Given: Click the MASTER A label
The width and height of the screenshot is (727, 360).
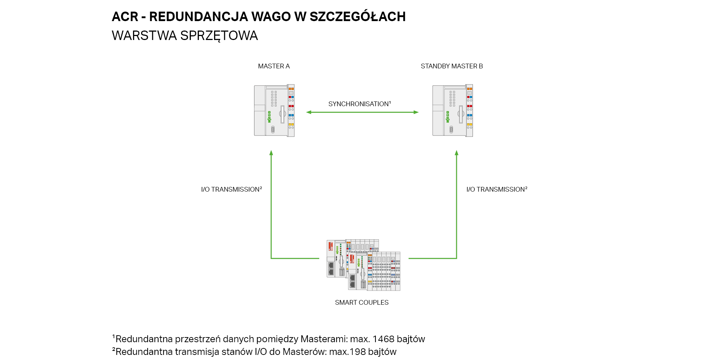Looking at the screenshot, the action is coord(274,66).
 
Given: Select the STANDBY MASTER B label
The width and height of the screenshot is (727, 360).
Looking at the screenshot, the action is coord(452,66).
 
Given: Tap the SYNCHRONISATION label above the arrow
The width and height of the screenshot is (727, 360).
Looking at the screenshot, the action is coord(360,104).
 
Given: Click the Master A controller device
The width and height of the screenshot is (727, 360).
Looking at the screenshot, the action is coord(274,111).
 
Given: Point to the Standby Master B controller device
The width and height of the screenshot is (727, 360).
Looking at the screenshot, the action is coord(453,111).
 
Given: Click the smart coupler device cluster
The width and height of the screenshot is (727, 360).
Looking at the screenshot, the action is coord(363,265).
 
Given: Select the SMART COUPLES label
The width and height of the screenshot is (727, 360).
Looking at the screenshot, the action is coord(362,303).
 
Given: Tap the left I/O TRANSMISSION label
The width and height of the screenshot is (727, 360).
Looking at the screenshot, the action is coord(232,189).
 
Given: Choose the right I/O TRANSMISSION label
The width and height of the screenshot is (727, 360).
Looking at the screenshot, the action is coord(497,189).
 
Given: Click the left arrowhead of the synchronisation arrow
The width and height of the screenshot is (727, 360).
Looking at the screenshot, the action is coord(309,112).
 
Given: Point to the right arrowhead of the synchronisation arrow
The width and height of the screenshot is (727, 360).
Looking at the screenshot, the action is coord(416,112).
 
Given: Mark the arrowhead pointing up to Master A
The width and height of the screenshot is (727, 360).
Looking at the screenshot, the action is coord(271,153).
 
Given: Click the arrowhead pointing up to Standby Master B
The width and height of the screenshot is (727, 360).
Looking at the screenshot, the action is coord(457,153).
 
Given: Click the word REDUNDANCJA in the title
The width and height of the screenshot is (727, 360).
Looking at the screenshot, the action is coord(198,17).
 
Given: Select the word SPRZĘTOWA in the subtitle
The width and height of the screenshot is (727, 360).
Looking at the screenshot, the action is coord(219,36).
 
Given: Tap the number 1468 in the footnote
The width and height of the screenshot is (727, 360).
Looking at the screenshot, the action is coord(383,339).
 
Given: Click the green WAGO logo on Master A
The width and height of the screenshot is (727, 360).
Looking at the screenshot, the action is coord(269,117).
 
